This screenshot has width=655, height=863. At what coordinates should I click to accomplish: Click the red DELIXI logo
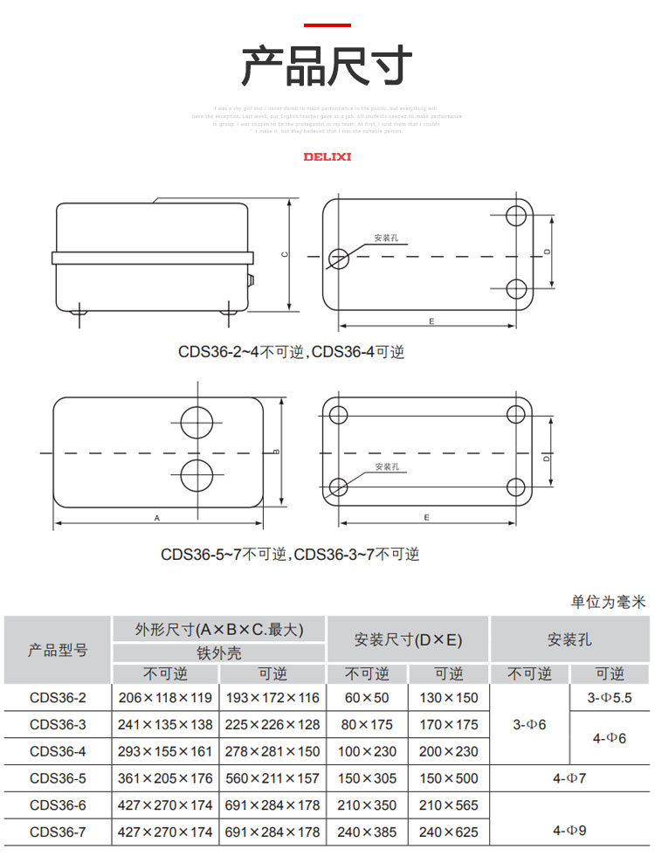(327, 157)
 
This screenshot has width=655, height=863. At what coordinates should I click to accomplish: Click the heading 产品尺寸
(327, 66)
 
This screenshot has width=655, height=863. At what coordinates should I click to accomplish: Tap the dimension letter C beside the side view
(285, 254)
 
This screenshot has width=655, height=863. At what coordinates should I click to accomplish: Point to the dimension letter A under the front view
(157, 518)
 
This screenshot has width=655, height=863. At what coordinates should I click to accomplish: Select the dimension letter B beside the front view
(276, 452)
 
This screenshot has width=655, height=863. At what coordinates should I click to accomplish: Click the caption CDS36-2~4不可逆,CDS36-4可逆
(292, 352)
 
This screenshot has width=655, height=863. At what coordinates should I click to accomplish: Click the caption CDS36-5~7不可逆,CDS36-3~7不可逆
(290, 555)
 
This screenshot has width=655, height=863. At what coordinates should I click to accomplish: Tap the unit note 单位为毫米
(608, 602)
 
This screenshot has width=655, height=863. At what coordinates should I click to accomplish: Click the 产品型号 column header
(58, 650)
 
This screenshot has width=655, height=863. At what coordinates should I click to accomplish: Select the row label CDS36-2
(58, 697)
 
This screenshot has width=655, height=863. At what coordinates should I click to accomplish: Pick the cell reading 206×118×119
(165, 697)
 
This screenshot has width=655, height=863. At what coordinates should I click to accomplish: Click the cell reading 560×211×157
(272, 778)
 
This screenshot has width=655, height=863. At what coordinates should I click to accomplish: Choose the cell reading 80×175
(367, 724)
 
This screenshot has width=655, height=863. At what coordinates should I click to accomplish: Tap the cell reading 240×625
(449, 832)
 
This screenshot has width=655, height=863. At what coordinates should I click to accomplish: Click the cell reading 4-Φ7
(569, 778)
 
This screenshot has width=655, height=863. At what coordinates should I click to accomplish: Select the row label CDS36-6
(58, 805)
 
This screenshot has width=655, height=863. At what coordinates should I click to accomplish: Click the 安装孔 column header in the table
(569, 639)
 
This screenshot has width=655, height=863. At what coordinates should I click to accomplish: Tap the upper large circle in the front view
(196, 419)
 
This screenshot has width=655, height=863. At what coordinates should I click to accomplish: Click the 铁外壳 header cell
(218, 652)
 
